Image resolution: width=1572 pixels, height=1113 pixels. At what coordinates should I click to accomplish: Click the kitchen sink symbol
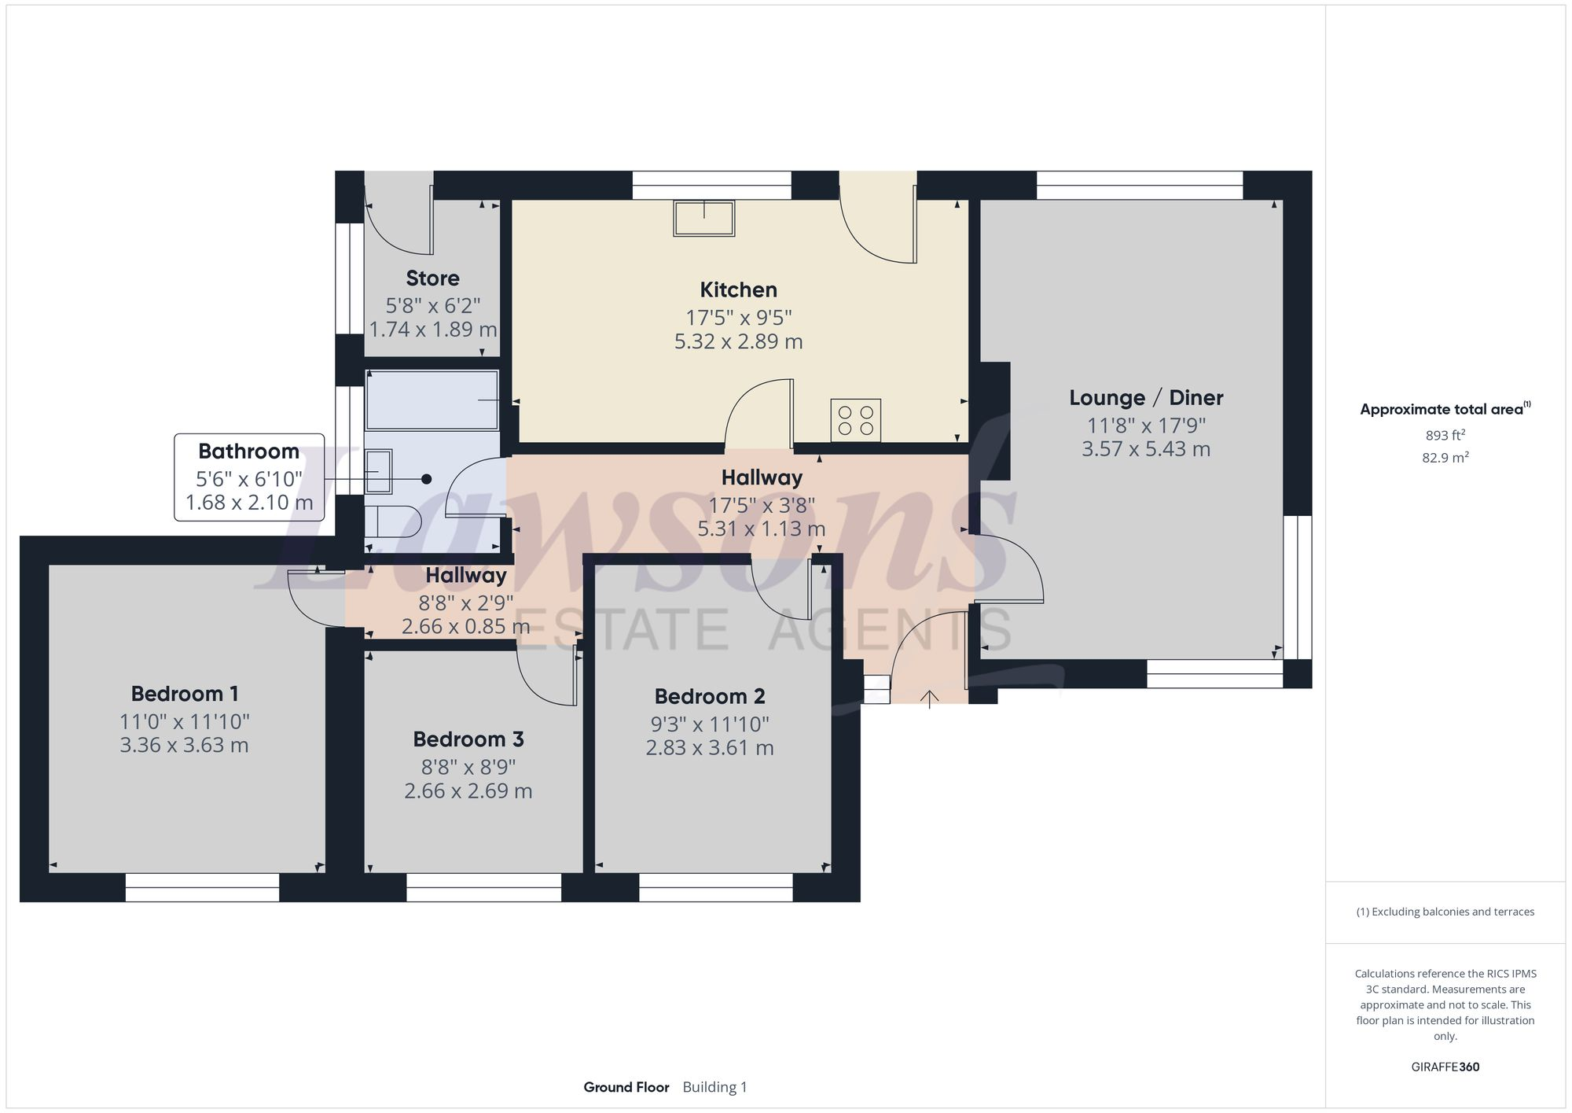tap(703, 219)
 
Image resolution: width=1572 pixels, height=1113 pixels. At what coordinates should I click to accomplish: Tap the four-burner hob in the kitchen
tap(856, 420)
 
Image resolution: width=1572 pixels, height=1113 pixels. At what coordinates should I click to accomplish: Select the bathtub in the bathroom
tap(432, 400)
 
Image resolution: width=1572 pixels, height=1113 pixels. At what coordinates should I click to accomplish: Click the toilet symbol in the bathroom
tap(392, 521)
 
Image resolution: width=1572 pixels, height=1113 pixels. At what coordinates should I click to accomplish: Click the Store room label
tap(433, 278)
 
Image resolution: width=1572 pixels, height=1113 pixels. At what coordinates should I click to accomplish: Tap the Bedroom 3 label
tap(468, 739)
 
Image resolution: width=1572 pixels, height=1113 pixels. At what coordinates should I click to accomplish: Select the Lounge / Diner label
tap(1146, 398)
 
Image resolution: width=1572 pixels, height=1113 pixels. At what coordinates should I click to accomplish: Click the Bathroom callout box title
tap(249, 451)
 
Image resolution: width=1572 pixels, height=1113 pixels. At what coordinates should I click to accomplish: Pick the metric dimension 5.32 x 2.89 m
tap(739, 341)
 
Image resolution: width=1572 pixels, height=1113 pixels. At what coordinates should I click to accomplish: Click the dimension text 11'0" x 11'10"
tap(185, 721)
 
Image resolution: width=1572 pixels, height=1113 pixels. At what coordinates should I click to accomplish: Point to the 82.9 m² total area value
tap(1445, 457)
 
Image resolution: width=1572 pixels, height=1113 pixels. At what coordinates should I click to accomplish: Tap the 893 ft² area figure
tap(1445, 435)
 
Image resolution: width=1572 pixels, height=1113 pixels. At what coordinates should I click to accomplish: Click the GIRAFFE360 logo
tap(1445, 1067)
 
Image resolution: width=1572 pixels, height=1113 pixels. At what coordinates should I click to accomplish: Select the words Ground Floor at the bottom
tap(626, 1087)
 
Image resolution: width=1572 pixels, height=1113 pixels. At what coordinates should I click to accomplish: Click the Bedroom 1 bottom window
tap(202, 887)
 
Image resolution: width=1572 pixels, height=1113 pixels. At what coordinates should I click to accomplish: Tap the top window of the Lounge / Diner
tap(1140, 185)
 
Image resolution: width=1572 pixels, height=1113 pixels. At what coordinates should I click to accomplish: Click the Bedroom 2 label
tap(710, 696)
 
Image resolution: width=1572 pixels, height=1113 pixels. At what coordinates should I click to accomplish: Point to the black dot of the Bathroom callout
tap(427, 479)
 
